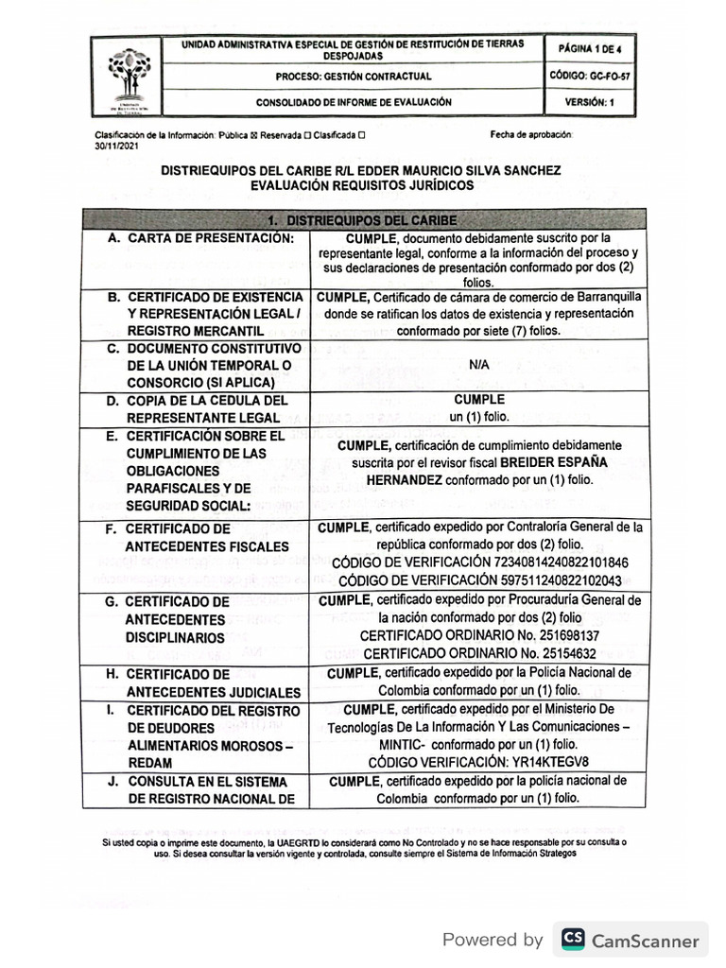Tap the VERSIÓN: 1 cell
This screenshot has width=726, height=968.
[590, 102]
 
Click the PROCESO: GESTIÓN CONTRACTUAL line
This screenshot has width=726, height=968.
[354, 77]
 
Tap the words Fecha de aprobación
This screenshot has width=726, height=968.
[530, 135]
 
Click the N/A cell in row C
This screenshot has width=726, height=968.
[478, 364]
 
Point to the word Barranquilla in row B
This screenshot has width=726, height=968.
[600, 296]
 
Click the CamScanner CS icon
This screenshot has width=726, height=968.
[573, 939]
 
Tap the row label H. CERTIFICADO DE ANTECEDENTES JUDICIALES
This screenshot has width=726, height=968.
[202, 683]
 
